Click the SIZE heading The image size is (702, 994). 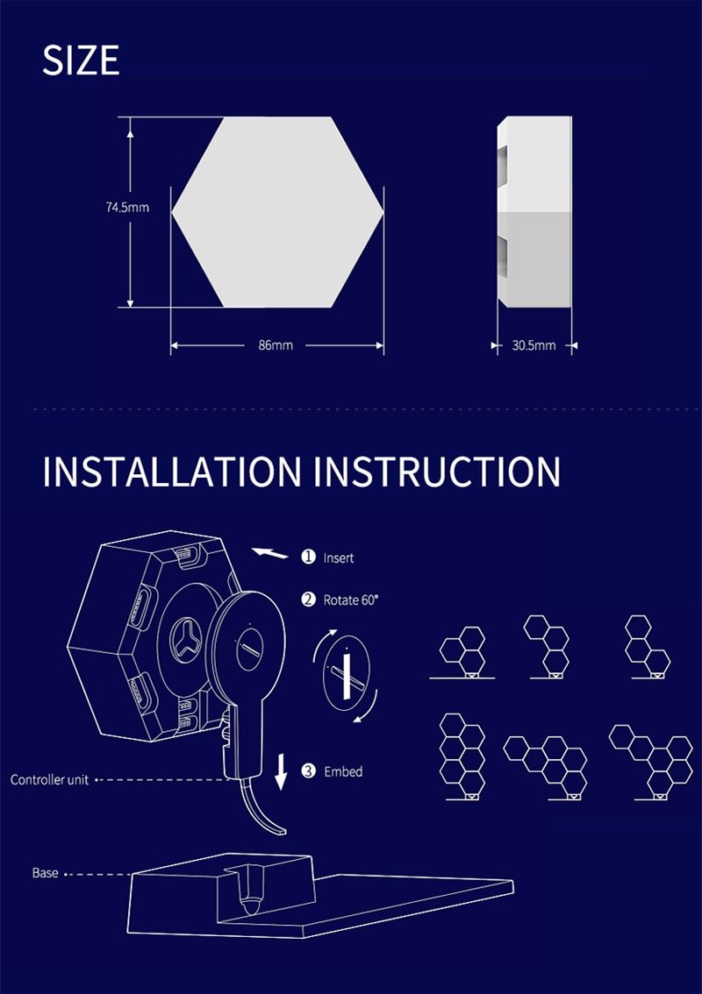pyautogui.click(x=81, y=60)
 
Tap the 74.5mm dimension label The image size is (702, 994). pyautogui.click(x=127, y=207)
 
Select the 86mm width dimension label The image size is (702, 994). pyautogui.click(x=276, y=344)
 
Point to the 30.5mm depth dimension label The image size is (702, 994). pyautogui.click(x=534, y=345)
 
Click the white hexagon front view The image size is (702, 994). pyautogui.click(x=277, y=212)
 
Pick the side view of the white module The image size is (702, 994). pyautogui.click(x=534, y=212)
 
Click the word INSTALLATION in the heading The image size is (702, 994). pyautogui.click(x=172, y=471)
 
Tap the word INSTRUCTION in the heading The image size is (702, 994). pyautogui.click(x=437, y=471)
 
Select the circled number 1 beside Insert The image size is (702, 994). pyautogui.click(x=309, y=557)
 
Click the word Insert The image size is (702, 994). pyautogui.click(x=339, y=557)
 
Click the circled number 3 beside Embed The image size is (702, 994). pyautogui.click(x=309, y=770)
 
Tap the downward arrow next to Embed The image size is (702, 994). pyautogui.click(x=281, y=772)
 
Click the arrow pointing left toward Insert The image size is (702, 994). pyautogui.click(x=269, y=553)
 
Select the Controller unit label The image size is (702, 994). pyautogui.click(x=49, y=780)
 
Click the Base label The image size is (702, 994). pyautogui.click(x=45, y=873)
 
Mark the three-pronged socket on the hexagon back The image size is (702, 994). pyautogui.click(x=187, y=640)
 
